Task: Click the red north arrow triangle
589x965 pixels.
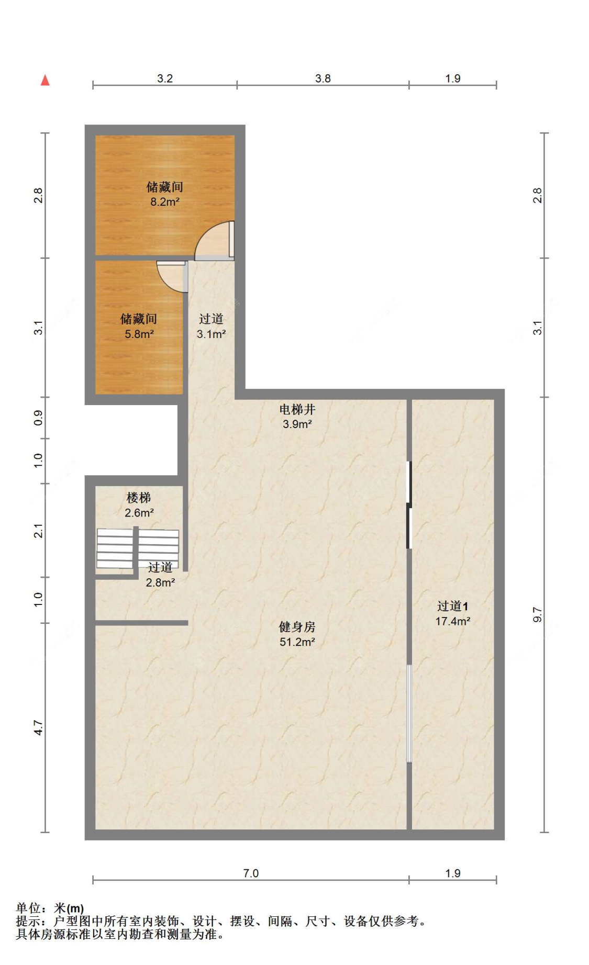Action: (46, 80)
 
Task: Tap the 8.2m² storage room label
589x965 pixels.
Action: (164, 194)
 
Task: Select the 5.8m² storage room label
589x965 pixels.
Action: (139, 326)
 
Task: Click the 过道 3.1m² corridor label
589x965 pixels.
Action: (211, 326)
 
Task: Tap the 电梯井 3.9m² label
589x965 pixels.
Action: (297, 417)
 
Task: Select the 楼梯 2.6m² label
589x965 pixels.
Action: (139, 505)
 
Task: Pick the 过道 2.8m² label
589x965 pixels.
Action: (160, 575)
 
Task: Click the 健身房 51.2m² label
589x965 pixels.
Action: (297, 634)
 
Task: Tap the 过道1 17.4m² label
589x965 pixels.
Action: (452, 613)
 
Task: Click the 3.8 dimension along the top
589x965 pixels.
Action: (323, 78)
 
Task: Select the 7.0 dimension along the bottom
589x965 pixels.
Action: (251, 873)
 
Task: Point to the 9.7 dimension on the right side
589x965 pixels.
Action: (537, 614)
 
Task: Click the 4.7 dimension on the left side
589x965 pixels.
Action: (38, 727)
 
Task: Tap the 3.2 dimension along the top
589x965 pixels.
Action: (164, 78)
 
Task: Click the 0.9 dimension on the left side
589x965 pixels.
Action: (38, 418)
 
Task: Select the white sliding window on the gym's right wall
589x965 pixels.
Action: (409, 713)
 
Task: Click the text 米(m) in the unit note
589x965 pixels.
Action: (69, 908)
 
